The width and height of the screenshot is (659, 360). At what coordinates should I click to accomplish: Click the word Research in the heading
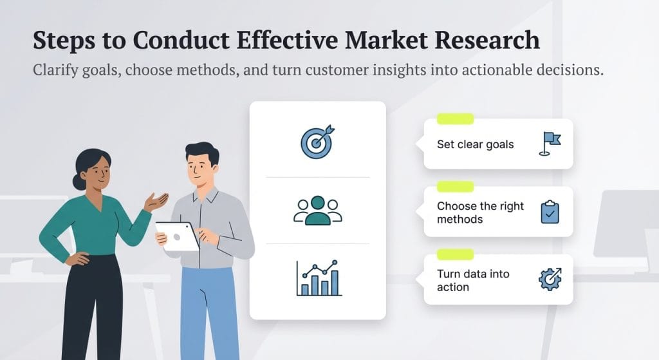pos(490,40)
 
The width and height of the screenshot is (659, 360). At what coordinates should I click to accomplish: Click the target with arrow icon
pos(317,142)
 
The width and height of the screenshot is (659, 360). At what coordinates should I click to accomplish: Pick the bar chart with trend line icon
pos(317,278)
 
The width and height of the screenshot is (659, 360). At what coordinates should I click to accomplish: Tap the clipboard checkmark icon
pos(549,212)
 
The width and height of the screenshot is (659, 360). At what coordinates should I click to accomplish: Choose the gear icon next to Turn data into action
pos(549,279)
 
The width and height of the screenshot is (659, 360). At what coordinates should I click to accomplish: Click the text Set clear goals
pos(475,144)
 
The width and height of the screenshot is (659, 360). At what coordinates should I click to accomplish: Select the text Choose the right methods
pos(480,213)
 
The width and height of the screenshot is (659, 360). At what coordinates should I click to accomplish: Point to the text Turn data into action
pos(472,280)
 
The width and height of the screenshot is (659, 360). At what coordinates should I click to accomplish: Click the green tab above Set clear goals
pos(455,119)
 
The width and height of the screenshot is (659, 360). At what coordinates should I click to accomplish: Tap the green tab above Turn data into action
pos(455,254)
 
